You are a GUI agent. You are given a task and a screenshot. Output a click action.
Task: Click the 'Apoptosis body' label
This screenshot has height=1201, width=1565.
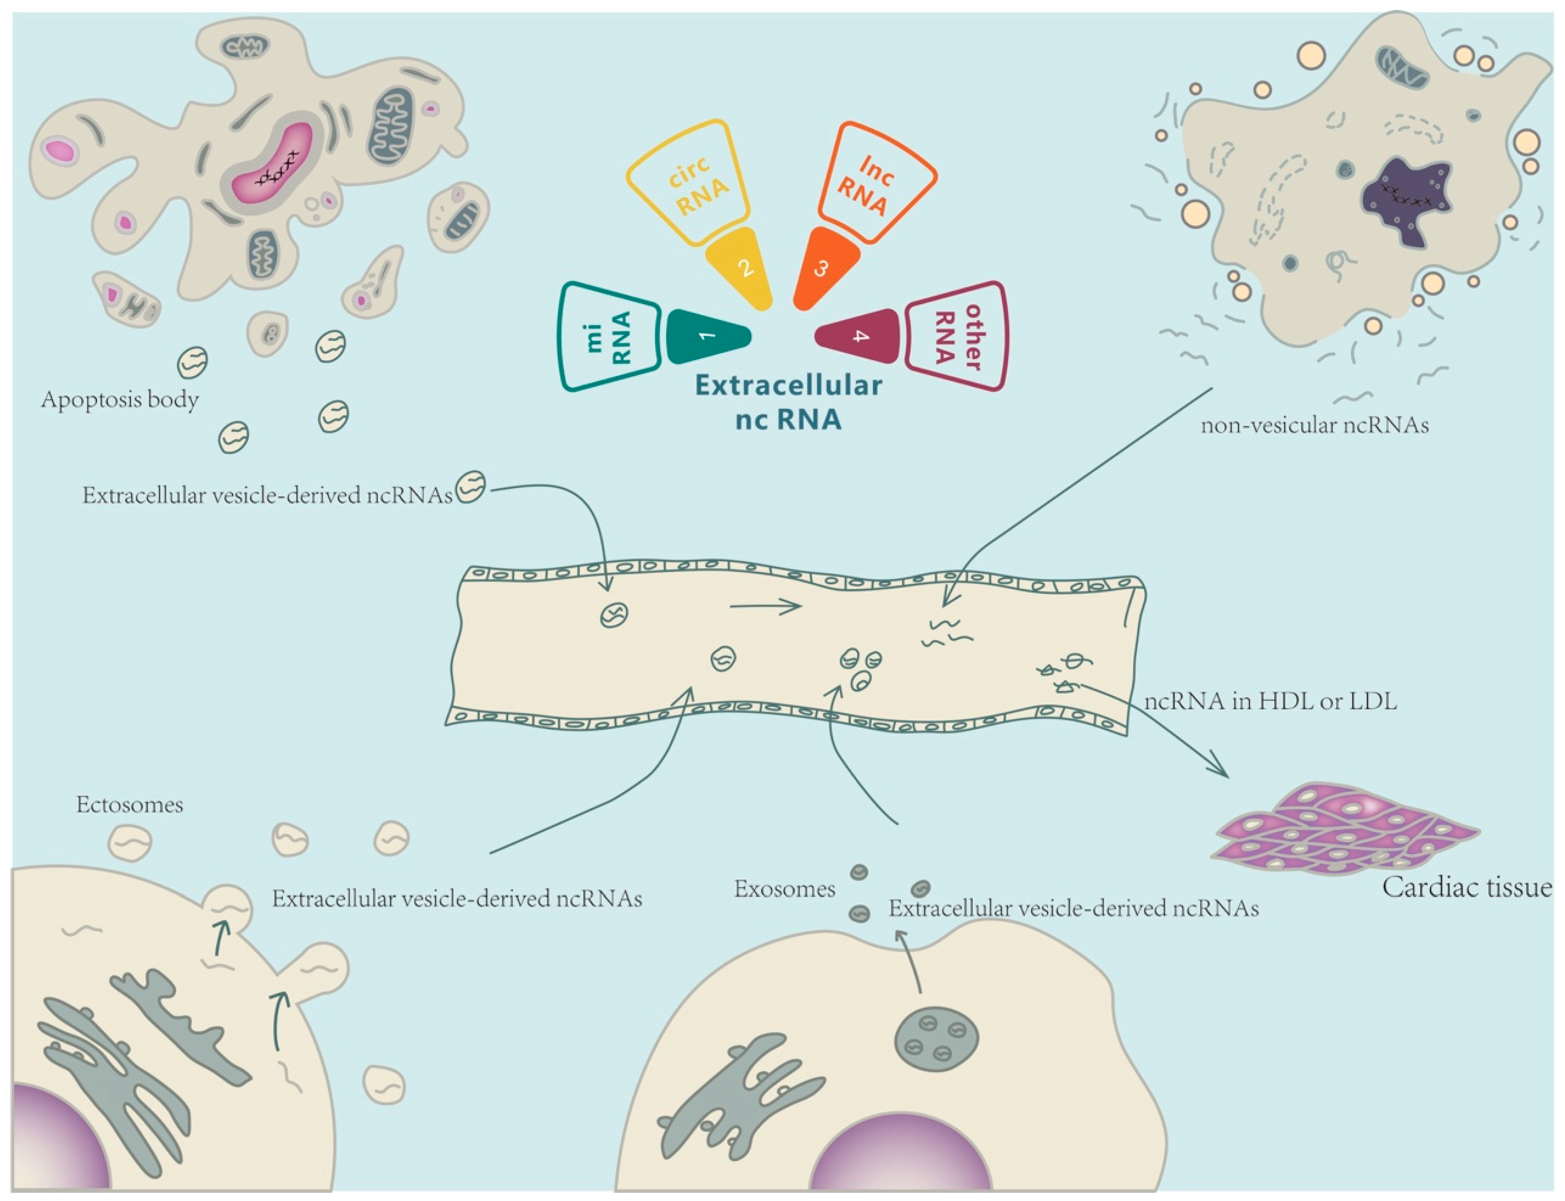coord(119,399)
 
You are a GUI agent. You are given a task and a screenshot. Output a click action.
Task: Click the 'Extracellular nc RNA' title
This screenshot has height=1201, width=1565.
coord(788,402)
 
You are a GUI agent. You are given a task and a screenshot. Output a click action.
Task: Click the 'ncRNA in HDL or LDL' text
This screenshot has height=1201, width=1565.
coord(1271,701)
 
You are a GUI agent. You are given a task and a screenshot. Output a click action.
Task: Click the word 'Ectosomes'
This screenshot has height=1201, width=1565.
coord(129,805)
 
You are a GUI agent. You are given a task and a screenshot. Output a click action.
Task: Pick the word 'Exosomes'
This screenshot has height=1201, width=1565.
coord(784,889)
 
